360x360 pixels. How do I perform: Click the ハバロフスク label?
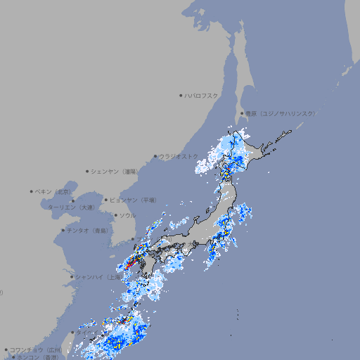click(x=202, y=95)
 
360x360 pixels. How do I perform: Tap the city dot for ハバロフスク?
click(x=181, y=95)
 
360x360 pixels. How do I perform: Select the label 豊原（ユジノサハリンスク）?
click(x=280, y=113)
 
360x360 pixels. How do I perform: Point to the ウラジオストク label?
click(x=179, y=156)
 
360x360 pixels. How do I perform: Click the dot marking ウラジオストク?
click(x=155, y=156)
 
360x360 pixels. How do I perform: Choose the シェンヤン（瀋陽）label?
click(x=115, y=171)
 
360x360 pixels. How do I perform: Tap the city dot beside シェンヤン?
click(x=88, y=171)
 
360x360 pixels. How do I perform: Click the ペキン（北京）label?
click(x=54, y=191)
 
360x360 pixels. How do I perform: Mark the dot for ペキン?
click(x=32, y=191)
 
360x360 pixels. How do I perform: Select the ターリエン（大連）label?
click(x=70, y=207)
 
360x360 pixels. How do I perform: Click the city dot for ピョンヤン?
click(x=106, y=200)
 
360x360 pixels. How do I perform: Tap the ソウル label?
click(x=127, y=215)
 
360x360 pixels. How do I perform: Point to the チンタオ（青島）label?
click(x=87, y=231)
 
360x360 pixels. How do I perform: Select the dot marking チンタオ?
click(x=63, y=231)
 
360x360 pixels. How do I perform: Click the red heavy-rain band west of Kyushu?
click(x=131, y=262)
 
